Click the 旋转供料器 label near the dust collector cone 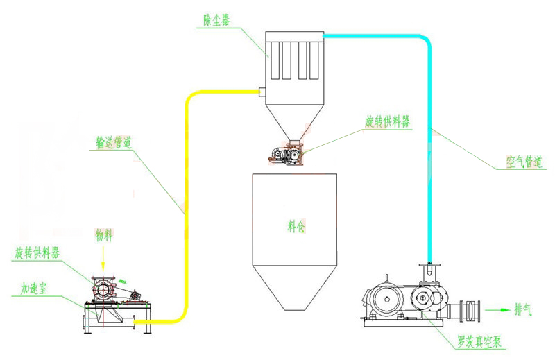pos(388,121)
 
